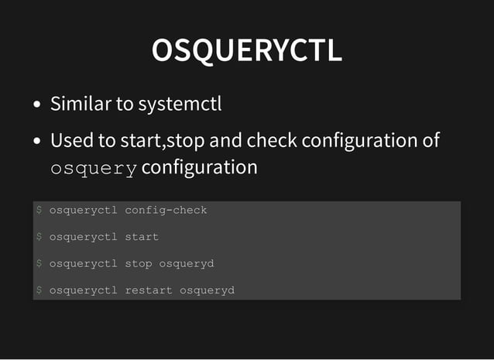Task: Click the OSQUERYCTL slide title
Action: coord(247,51)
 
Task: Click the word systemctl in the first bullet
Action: coord(180,103)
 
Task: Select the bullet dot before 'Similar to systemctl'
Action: coord(37,105)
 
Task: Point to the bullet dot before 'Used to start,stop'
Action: coord(37,142)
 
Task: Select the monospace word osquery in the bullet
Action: coord(94,168)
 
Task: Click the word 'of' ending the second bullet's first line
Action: coord(431,141)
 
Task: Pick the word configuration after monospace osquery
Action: coord(200,167)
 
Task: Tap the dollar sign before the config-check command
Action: coord(39,210)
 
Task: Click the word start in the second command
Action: coord(142,237)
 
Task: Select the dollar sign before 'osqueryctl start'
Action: coord(39,237)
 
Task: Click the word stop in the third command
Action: coord(139,264)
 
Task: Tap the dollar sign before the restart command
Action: coord(39,291)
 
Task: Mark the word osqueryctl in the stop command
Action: coord(84,264)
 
